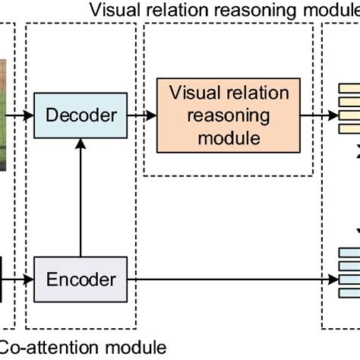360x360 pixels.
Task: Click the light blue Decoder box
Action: [x=81, y=115]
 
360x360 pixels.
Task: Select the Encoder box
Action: [x=81, y=279]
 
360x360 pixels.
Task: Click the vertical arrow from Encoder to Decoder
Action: [x=81, y=197]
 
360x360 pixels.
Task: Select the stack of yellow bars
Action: [x=346, y=106]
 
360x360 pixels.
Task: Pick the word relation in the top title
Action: [x=170, y=10]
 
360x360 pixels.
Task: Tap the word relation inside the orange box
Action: [x=260, y=94]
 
